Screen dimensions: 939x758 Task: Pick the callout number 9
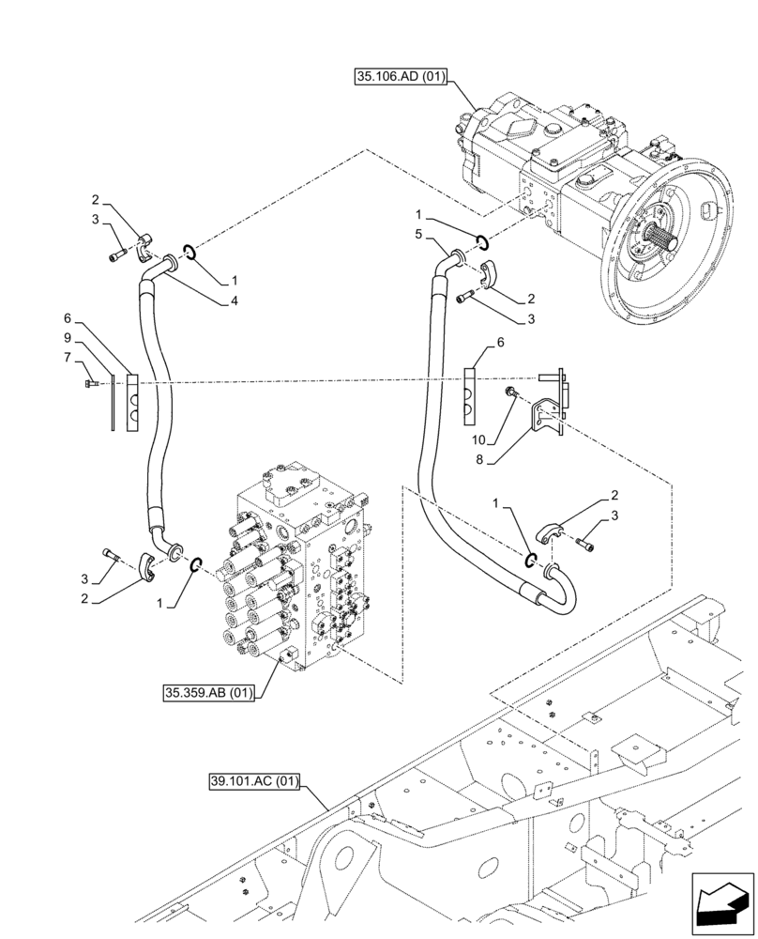pyautogui.click(x=68, y=336)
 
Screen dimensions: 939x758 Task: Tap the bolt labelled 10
pyautogui.click(x=510, y=391)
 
